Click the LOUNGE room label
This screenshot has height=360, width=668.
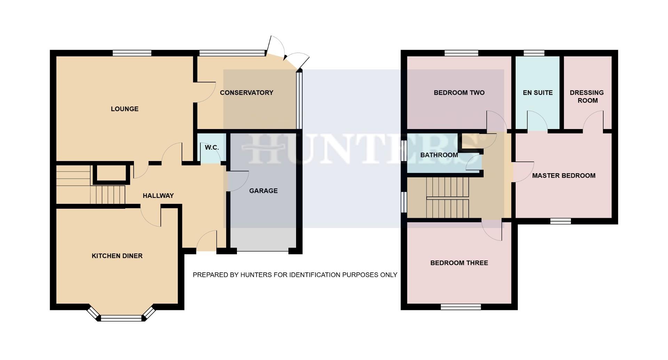click(x=125, y=109)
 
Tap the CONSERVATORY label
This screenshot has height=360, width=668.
click(x=246, y=93)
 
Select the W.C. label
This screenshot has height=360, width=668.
click(x=212, y=147)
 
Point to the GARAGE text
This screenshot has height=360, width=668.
click(x=263, y=191)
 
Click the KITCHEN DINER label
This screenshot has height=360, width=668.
click(x=117, y=256)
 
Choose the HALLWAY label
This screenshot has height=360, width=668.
click(x=158, y=195)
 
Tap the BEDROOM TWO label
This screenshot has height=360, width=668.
click(x=459, y=93)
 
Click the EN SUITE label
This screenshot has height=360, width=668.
click(x=538, y=93)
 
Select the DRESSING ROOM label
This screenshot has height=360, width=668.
click(x=587, y=96)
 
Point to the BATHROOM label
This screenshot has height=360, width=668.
click(x=439, y=155)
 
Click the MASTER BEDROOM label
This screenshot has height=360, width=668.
click(x=564, y=175)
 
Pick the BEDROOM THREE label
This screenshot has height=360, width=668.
click(x=459, y=263)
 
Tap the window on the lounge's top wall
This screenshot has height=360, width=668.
click(x=132, y=53)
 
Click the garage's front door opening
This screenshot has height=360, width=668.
click(x=263, y=250)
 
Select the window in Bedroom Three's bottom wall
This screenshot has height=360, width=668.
click(x=461, y=307)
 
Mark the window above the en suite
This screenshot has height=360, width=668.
click(x=534, y=53)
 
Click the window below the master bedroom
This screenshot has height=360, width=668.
click(x=560, y=221)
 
